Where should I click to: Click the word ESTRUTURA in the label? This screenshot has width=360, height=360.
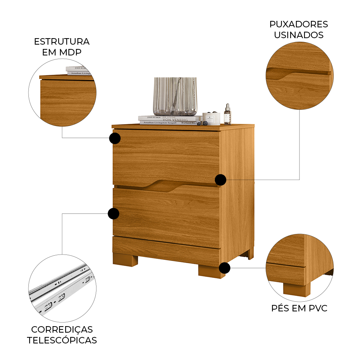pos(62,41)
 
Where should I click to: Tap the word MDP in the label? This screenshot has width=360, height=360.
pos(71,52)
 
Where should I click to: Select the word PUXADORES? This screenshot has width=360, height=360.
pos(298,24)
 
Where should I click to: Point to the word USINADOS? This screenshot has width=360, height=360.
pos(298,35)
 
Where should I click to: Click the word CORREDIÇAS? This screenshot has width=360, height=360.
pos(62,329)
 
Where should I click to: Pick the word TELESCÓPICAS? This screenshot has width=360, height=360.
pos(62,340)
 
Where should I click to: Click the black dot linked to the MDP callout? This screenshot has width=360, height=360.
pos(115,138)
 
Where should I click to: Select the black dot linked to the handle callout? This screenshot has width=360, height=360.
pos(220,180)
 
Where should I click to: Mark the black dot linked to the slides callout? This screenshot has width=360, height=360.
pos(113,213)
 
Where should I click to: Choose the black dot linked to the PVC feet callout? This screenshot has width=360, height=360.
pos(225,268)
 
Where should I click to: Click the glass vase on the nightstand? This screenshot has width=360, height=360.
pos(175,96)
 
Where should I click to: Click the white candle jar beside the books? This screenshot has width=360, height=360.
pos(211,118)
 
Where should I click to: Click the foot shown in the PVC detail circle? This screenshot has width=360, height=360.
pos(296,288)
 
